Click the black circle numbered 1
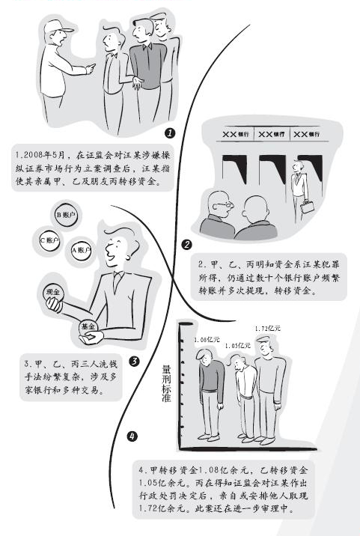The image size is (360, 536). [171, 133]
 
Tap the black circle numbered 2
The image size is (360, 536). [186, 244]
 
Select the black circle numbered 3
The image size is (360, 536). [134, 361]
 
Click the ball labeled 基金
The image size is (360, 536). [88, 327]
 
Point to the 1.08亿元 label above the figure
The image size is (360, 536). [207, 339]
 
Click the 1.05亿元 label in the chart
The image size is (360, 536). [238, 345]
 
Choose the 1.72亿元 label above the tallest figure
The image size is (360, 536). [267, 328]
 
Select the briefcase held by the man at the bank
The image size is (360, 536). [307, 206]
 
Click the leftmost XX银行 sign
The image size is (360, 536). [236, 135]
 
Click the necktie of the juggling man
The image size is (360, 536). [117, 282]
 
